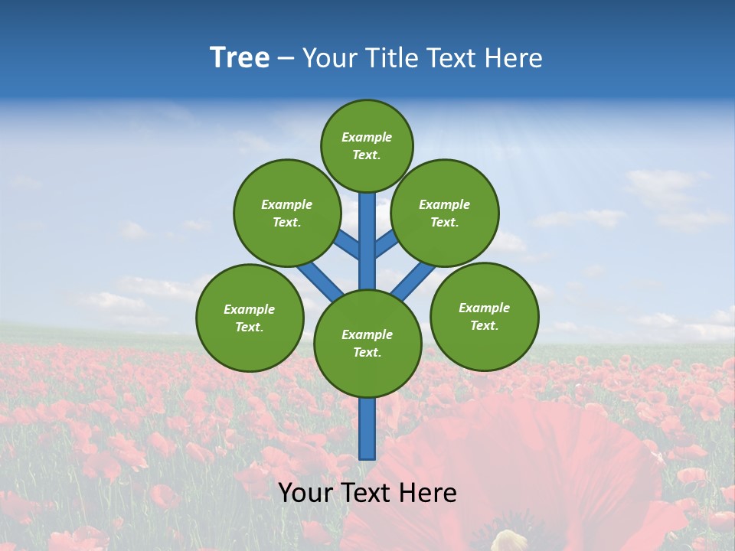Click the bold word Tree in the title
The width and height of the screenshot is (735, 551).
pos(240,58)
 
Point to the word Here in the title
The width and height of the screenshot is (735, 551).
pos(514,58)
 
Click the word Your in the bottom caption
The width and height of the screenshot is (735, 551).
pos(306,493)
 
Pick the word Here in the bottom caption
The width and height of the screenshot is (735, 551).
pos(427,493)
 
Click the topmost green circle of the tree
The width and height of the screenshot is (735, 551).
pos(367,145)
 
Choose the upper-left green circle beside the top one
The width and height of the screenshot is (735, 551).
pos(286,213)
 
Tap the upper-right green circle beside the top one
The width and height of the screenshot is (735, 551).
pos(445,213)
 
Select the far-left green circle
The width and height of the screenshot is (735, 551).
pos(250,318)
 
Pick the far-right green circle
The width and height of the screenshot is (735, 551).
pos(485,316)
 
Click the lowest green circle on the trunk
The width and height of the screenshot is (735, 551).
pos(367,344)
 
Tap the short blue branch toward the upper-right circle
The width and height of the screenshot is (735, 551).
pos(386,243)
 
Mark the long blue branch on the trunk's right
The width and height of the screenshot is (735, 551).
pos(413,281)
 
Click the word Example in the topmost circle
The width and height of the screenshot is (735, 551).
pos(367,137)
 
